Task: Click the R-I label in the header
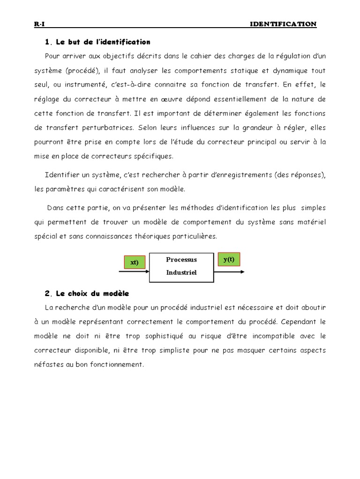pyautogui.click(x=39, y=24)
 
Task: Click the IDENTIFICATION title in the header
pyautogui.click(x=284, y=24)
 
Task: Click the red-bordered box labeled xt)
pyautogui.click(x=134, y=262)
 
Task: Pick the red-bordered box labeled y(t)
pyautogui.click(x=229, y=259)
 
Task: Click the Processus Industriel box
pyautogui.click(x=181, y=266)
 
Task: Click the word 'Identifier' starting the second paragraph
pyautogui.click(x=60, y=175)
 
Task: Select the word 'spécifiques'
pyautogui.click(x=153, y=156)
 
